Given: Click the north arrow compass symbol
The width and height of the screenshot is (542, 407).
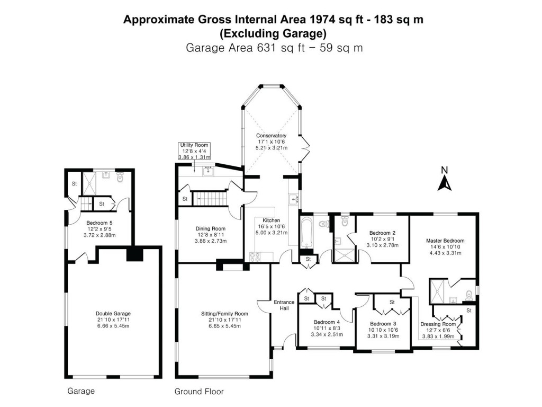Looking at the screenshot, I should tap(445, 179).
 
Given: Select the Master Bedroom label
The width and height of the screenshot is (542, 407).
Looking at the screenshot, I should tap(445, 246).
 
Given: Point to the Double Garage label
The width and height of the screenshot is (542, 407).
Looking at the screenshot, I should tap(113, 320).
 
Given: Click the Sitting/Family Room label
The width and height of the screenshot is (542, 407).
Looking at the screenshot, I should tap(224, 320).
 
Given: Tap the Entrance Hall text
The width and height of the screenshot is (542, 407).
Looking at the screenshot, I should tap(284, 306).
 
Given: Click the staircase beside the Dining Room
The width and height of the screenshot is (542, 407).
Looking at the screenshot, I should tap(207, 199).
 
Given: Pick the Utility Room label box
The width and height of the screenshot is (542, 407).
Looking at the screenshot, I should tap(194, 151).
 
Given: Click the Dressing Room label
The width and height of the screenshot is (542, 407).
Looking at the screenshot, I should tap(438, 328).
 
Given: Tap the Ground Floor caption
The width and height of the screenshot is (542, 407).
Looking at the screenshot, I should tap(199, 392).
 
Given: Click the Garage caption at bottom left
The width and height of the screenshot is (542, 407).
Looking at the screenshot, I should tap(81, 392).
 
